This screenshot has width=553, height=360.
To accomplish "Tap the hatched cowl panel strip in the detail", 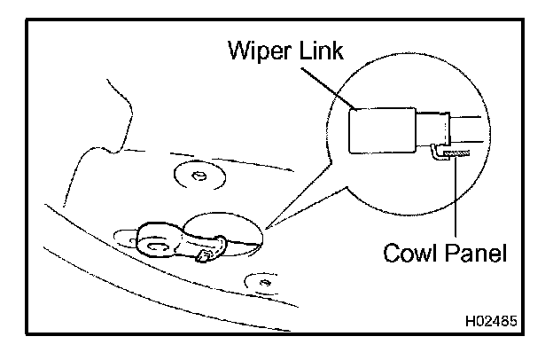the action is pyautogui.click(x=457, y=154).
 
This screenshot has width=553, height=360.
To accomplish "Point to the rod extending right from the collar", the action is pyautogui.click(x=468, y=129).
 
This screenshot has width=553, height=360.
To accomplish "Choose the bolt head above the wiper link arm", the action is pyautogui.click(x=199, y=176).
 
